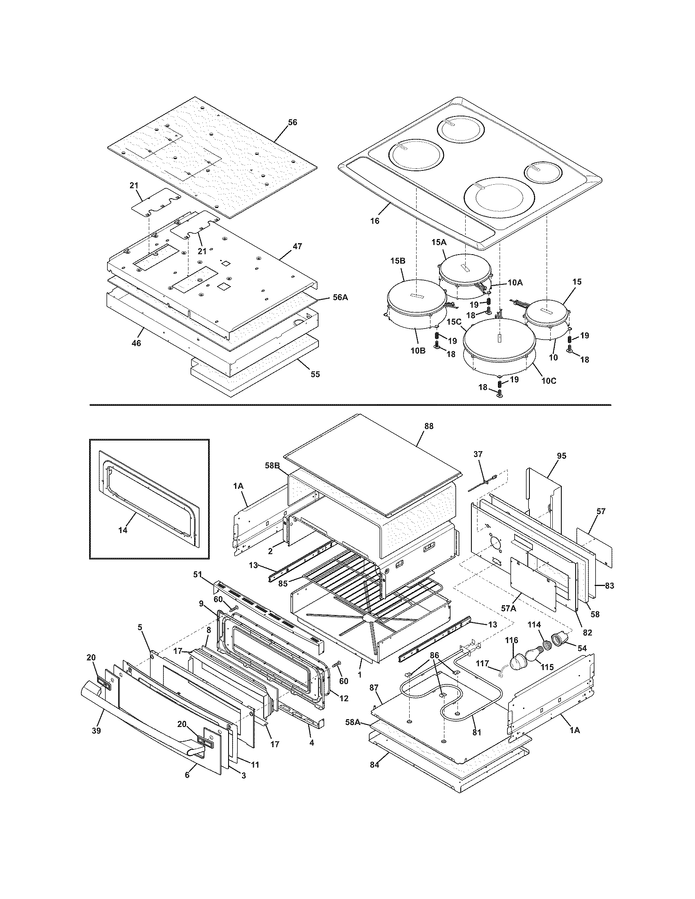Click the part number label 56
[x=292, y=122]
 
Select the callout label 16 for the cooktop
[x=374, y=221]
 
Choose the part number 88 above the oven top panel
[x=428, y=427]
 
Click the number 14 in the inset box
[x=123, y=530]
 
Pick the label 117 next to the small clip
[x=482, y=664]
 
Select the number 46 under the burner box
[x=136, y=343]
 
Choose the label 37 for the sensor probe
[x=478, y=454]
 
